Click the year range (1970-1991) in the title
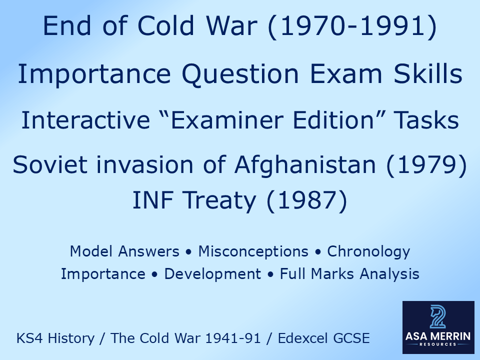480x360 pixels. pyautogui.click(x=352, y=26)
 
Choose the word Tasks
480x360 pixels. pyautogui.click(x=426, y=120)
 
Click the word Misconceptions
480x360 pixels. pyautogui.click(x=253, y=251)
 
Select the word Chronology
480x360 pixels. pyautogui.click(x=368, y=251)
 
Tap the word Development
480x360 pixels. pyautogui.click(x=212, y=274)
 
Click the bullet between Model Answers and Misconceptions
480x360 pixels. pyautogui.click(x=188, y=251)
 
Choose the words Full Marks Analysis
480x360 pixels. pyautogui.click(x=349, y=274)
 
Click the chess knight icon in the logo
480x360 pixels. pyautogui.click(x=438, y=317)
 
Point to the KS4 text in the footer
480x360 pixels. pyautogui.click(x=27, y=338)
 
